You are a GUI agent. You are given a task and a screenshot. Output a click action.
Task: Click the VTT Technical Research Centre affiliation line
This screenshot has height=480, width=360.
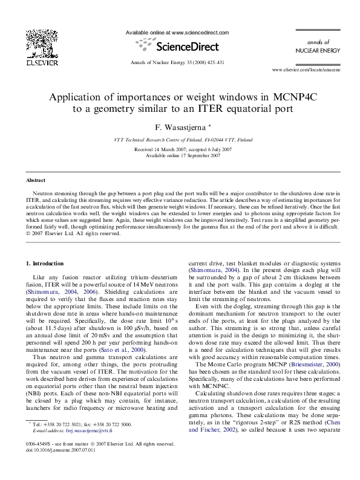coord(179,140)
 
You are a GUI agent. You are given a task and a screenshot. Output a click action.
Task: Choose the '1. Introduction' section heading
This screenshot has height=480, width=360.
coord(47,264)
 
